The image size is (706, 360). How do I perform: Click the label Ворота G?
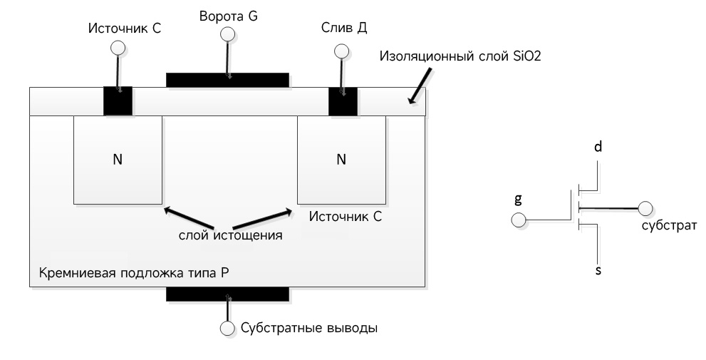click(x=228, y=15)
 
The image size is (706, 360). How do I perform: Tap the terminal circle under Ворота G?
click(x=227, y=34)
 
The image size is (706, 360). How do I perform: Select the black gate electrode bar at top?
click(x=227, y=79)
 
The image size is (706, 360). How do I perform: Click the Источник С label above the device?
click(x=125, y=29)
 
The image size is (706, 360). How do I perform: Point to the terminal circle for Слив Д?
click(x=341, y=51)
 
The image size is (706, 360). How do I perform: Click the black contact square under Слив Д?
click(x=342, y=101)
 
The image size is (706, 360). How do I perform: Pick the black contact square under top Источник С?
click(x=118, y=101)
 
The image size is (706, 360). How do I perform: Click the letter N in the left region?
click(x=118, y=159)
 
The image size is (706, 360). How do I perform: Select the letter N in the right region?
click(x=341, y=159)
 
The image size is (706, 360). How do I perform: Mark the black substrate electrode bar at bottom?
click(x=227, y=294)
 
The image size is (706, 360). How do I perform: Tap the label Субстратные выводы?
click(x=308, y=329)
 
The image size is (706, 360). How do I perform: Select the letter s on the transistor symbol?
click(x=598, y=271)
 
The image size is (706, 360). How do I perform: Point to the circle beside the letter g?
click(x=519, y=220)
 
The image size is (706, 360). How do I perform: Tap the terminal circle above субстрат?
click(x=645, y=209)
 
